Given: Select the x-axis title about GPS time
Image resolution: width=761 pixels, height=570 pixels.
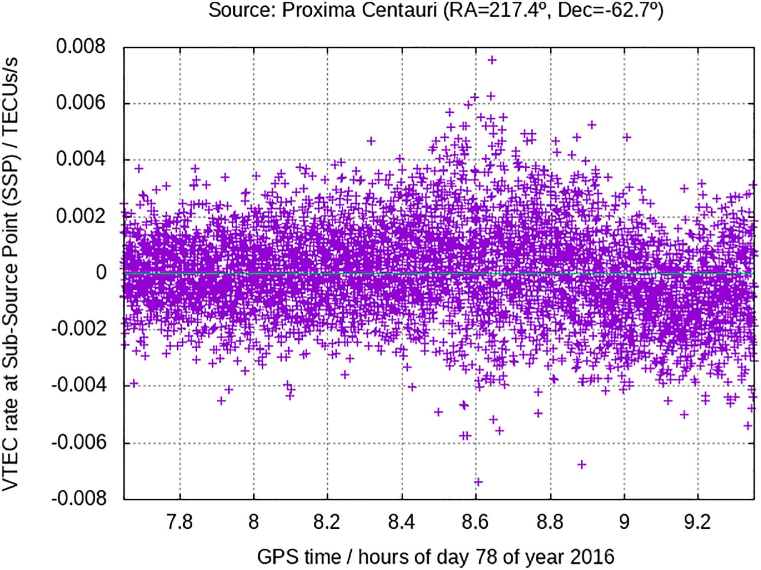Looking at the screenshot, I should [x=435, y=556].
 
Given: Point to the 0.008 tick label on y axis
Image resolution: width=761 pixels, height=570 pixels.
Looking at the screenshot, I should [x=81, y=47].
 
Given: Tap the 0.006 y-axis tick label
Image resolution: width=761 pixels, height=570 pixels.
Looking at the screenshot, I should [x=81, y=103].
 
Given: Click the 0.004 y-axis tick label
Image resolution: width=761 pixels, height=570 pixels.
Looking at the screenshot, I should [x=81, y=160].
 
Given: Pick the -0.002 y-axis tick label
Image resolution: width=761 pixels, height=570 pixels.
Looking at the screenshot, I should [x=78, y=330].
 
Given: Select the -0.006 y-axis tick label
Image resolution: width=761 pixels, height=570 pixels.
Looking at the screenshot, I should [x=78, y=442].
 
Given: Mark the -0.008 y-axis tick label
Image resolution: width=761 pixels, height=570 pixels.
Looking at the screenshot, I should [x=78, y=499].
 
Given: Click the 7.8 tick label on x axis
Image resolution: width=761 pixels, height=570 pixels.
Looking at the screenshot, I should [x=180, y=522].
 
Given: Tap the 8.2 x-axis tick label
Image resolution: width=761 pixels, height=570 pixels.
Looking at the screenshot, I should [x=327, y=522].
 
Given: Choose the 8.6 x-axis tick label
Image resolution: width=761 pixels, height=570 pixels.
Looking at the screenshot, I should [x=476, y=522].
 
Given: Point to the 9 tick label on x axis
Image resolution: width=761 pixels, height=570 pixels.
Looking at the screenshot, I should [x=624, y=522].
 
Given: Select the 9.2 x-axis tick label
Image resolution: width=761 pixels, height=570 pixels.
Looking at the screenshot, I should [x=698, y=522].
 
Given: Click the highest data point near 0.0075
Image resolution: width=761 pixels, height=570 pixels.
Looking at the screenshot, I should [x=492, y=60].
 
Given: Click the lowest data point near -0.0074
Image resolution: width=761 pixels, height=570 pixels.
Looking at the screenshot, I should [x=478, y=482].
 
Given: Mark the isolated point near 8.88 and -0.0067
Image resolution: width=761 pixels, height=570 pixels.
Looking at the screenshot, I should [x=582, y=464].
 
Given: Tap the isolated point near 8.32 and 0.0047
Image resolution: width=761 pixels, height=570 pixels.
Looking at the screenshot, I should [x=371, y=141].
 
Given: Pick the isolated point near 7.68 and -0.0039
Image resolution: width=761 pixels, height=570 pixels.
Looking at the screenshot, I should [x=134, y=384].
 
